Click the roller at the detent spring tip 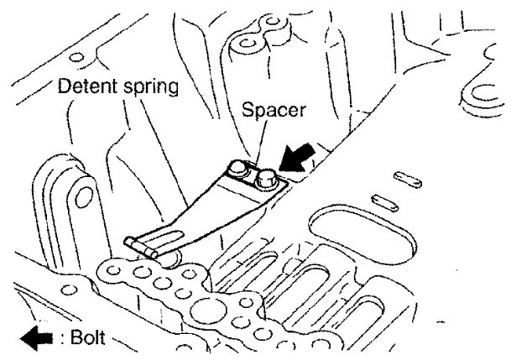coord(140,245)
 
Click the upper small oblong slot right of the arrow coord(409,180)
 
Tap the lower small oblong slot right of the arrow coord(386,202)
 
